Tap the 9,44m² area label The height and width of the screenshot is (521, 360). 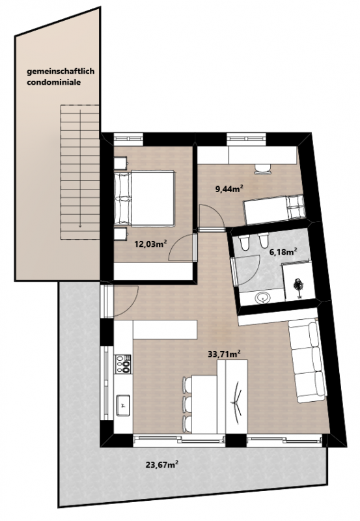tap(230, 190)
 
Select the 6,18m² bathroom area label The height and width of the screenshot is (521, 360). tap(283, 252)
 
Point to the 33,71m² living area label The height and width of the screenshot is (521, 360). tap(224, 354)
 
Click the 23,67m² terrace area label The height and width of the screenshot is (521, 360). tap(162, 464)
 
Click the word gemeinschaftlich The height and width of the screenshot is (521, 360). tap(61, 72)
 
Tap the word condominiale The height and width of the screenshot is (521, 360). tap(54, 82)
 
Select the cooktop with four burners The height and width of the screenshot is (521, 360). tap(122, 363)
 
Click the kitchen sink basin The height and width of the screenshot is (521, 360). tap(123, 404)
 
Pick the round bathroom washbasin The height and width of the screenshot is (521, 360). tap(264, 298)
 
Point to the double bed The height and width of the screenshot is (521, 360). tap(144, 199)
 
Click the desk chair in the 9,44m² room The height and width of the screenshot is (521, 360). tap(262, 169)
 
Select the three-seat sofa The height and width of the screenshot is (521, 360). tap(307, 360)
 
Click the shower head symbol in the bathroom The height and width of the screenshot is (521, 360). tap(298, 285)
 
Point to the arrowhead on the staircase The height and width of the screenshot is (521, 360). tap(80, 225)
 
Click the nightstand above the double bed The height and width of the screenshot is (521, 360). tap(121, 163)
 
